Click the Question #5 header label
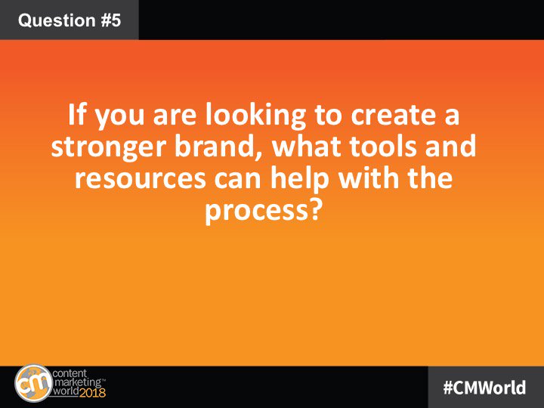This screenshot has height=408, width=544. tap(70, 20)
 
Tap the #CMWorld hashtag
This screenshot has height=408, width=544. tap(484, 387)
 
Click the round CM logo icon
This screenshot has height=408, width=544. tap(34, 383)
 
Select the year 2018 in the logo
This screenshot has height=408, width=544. tap(92, 393)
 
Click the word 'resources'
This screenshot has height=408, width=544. tap(141, 178)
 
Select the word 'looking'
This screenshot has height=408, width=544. tap(255, 115)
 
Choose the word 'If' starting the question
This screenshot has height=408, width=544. tap(77, 114)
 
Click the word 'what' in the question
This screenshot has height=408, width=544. tap(307, 145)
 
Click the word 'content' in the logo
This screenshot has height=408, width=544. tap(70, 374)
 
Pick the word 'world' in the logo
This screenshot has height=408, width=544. tap(66, 392)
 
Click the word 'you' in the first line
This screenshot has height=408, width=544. tap(119, 116)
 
